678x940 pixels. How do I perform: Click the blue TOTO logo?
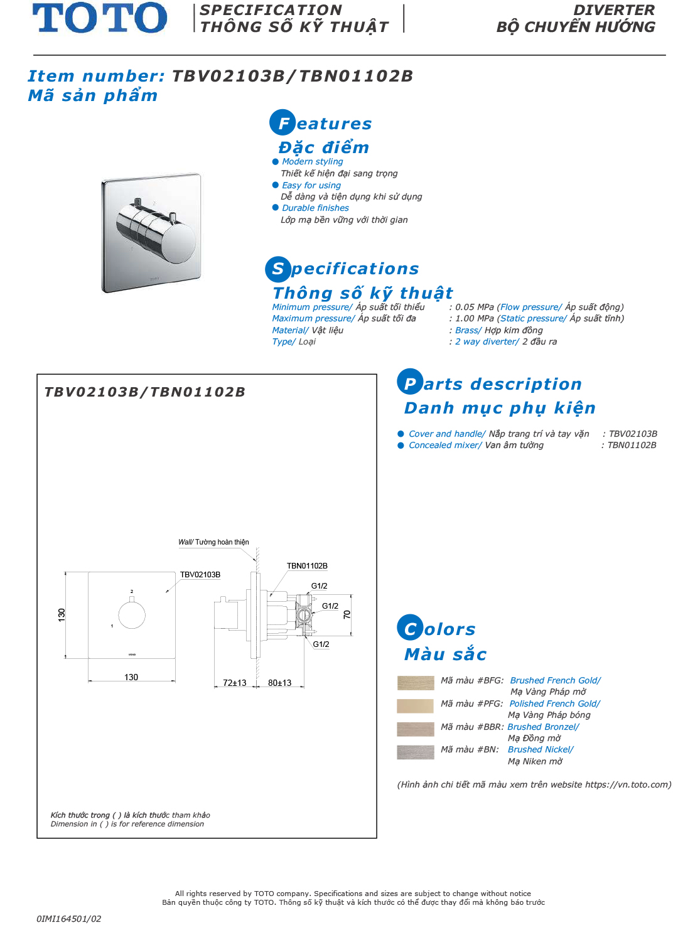point(100,18)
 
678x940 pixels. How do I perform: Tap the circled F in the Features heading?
point(282,123)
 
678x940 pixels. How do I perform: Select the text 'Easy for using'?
point(311,185)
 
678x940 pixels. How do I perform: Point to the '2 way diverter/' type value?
point(487,341)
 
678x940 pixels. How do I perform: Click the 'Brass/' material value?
point(468,330)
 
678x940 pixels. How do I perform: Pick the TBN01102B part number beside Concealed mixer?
point(632,445)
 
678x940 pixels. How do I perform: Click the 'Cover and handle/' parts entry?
point(447,434)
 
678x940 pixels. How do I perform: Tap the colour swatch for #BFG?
point(416,683)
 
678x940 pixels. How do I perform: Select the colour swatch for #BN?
point(416,752)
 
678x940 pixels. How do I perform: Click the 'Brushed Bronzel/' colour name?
point(543,727)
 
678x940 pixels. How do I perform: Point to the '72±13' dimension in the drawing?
point(235,683)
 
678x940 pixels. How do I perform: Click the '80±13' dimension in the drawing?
point(280,683)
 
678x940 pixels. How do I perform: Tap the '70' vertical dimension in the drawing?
point(347,614)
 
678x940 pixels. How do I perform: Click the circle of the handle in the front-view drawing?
point(132,615)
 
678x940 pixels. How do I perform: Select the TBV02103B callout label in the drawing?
point(200,575)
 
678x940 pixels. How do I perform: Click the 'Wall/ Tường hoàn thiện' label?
point(213,542)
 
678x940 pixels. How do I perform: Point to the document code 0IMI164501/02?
point(68,919)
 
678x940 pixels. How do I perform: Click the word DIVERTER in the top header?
point(614,10)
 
